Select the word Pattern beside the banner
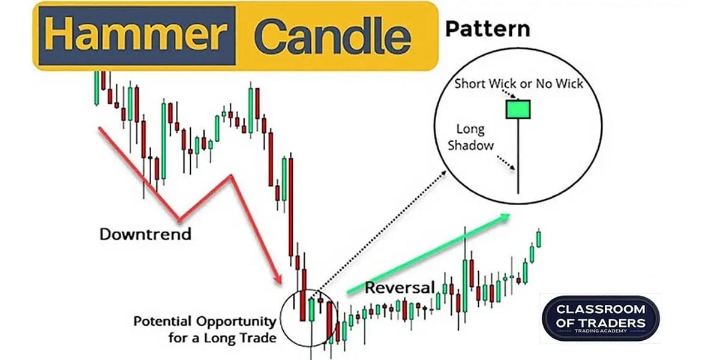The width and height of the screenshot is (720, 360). (x=488, y=28)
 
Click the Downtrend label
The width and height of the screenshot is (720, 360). (x=145, y=233)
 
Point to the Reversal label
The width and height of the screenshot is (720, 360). (x=399, y=287)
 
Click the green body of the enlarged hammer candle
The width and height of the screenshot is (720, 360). (x=518, y=109)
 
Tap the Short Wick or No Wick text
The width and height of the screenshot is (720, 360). (x=518, y=83)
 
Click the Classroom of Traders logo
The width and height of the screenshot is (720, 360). (x=600, y=318)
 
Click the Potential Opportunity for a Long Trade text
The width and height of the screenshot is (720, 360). (x=205, y=329)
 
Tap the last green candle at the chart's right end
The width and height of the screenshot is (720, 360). (x=539, y=239)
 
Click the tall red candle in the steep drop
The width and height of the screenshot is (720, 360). (x=290, y=204)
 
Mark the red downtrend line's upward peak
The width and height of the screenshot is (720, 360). (x=230, y=176)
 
